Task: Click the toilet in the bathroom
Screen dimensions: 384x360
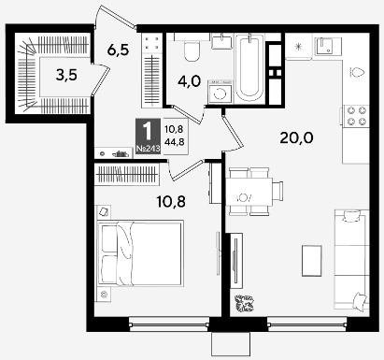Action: coord(192,49)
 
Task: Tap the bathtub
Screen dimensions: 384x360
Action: coord(249,67)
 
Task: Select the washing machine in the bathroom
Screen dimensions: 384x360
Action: coord(220,92)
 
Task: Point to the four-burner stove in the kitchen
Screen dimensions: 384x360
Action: coord(357,115)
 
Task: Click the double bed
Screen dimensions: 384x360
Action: coord(140,253)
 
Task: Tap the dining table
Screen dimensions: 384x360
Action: coord(249,192)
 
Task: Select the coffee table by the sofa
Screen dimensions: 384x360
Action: coord(312,261)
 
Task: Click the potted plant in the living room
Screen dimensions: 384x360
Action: coord(244,303)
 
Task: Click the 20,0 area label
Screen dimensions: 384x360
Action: coord(296,137)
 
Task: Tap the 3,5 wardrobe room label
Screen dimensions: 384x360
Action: coord(66,75)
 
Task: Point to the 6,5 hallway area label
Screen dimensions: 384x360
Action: coord(118,50)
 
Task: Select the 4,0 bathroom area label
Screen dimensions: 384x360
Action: coord(189,81)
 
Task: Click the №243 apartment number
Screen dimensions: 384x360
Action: coord(148,149)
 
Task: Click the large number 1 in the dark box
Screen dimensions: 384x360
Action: coord(147,131)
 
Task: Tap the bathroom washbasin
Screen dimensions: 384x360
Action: coord(221,41)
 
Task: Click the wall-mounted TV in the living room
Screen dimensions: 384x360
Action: coord(235,261)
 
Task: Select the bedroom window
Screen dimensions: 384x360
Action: coord(169,324)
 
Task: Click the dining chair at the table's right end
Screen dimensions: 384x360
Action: coord(277,192)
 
